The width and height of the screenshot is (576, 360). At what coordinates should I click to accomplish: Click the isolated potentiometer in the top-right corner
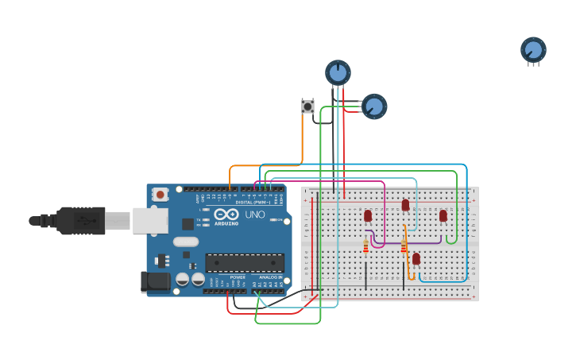point(533,50)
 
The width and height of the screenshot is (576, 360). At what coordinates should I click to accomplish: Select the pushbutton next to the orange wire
point(307,106)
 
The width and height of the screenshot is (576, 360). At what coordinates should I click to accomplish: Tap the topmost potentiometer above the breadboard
point(338,72)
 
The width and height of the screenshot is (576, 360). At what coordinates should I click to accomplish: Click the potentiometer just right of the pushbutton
point(373,106)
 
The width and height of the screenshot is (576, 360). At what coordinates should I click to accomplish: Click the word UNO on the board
point(254,215)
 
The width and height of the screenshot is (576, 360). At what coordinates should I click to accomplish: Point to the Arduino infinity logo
point(226,214)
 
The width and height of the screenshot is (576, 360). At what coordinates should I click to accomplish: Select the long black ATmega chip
point(245,263)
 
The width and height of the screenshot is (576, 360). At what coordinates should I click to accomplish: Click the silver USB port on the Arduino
point(149,220)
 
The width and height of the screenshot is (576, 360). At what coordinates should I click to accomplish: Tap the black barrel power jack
point(154,281)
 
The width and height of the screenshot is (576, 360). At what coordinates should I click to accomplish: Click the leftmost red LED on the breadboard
point(368,215)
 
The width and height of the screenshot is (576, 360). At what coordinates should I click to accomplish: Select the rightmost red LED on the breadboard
point(443,215)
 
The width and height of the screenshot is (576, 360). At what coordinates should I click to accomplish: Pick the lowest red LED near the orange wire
point(416,258)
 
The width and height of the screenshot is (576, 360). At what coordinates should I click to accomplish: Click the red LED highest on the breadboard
point(405,205)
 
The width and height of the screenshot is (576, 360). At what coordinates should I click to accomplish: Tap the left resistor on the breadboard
point(365,246)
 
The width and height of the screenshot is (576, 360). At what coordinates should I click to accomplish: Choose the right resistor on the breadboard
point(404,246)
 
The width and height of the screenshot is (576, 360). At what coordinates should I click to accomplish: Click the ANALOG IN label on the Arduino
point(268,277)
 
